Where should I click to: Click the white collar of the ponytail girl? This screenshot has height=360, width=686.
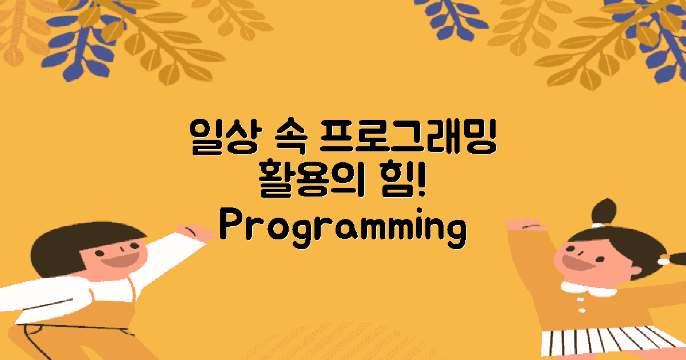click(x=589, y=289)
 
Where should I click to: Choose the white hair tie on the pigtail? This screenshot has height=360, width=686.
click(x=664, y=261)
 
